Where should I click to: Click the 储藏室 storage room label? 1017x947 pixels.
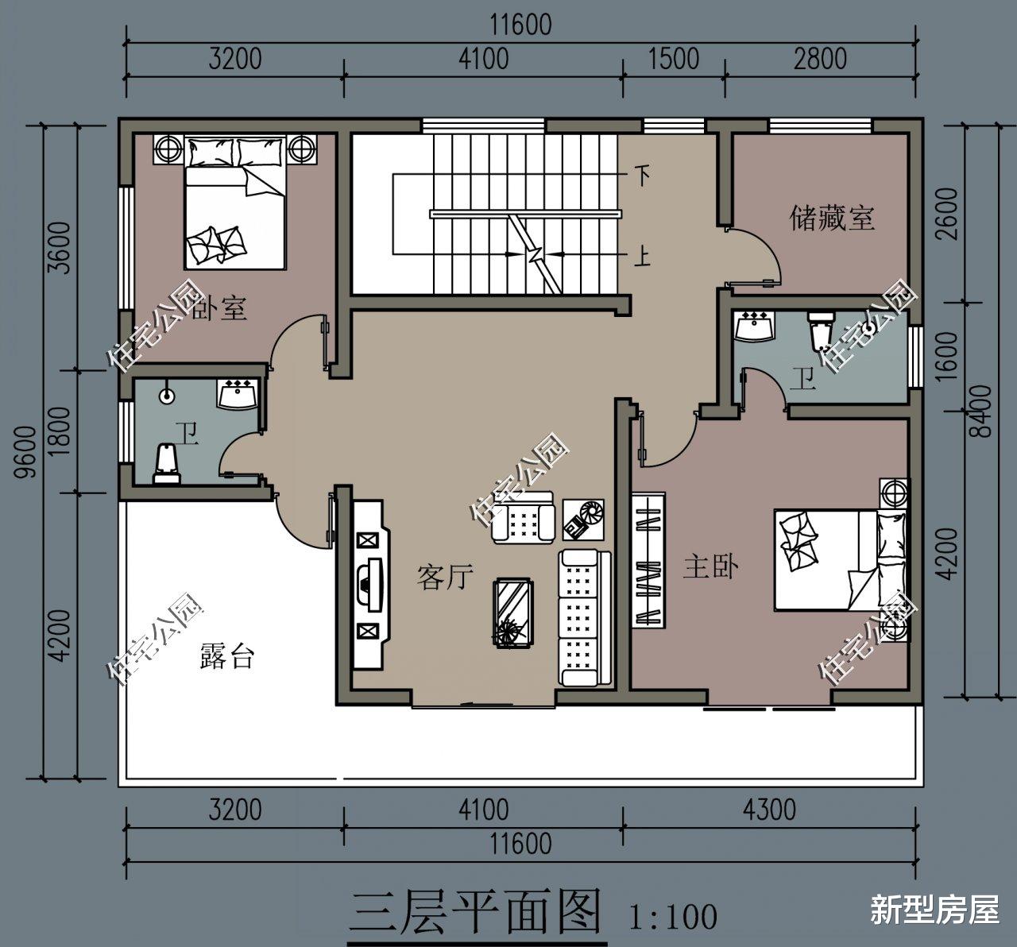pos(832,218)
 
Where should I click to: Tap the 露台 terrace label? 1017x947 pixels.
pos(227,656)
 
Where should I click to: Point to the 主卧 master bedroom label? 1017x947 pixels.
pos(711,567)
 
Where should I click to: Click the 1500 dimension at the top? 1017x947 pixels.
pos(674,59)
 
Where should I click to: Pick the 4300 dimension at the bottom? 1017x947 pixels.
pos(768,810)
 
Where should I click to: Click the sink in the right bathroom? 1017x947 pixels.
pos(754,327)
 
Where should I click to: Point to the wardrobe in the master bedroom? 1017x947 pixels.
pos(649,561)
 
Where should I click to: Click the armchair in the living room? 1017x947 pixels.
pos(522,519)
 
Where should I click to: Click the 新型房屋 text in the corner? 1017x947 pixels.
pos(935,910)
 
